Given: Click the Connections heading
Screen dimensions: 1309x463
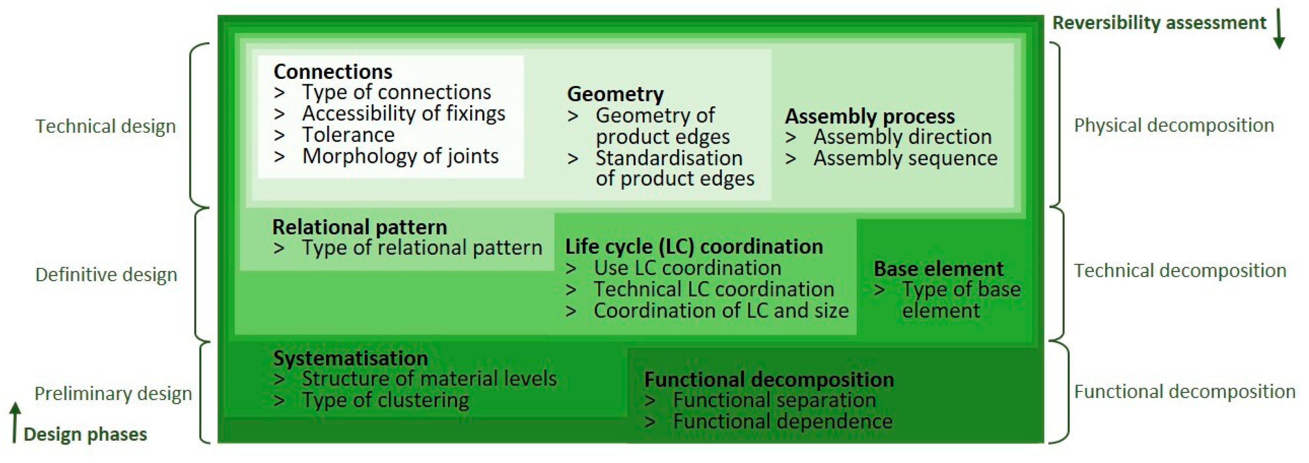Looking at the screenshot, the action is (333, 71).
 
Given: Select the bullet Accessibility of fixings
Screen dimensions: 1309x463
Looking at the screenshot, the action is (403, 114).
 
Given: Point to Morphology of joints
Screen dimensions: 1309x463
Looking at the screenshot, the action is (400, 156).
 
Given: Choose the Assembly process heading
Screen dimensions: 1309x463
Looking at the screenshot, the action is (870, 116).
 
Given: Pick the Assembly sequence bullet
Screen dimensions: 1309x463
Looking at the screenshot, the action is (905, 158).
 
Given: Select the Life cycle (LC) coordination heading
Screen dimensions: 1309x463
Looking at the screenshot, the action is (694, 247).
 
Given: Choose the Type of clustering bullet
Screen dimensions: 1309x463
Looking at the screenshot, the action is (385, 400).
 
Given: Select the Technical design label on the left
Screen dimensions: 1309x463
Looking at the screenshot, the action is (106, 126).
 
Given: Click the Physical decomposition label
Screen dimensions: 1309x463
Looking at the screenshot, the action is (1174, 125).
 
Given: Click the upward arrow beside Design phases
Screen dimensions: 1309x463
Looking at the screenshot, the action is (15, 422).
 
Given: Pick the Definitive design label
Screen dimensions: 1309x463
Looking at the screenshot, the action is (106, 275).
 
